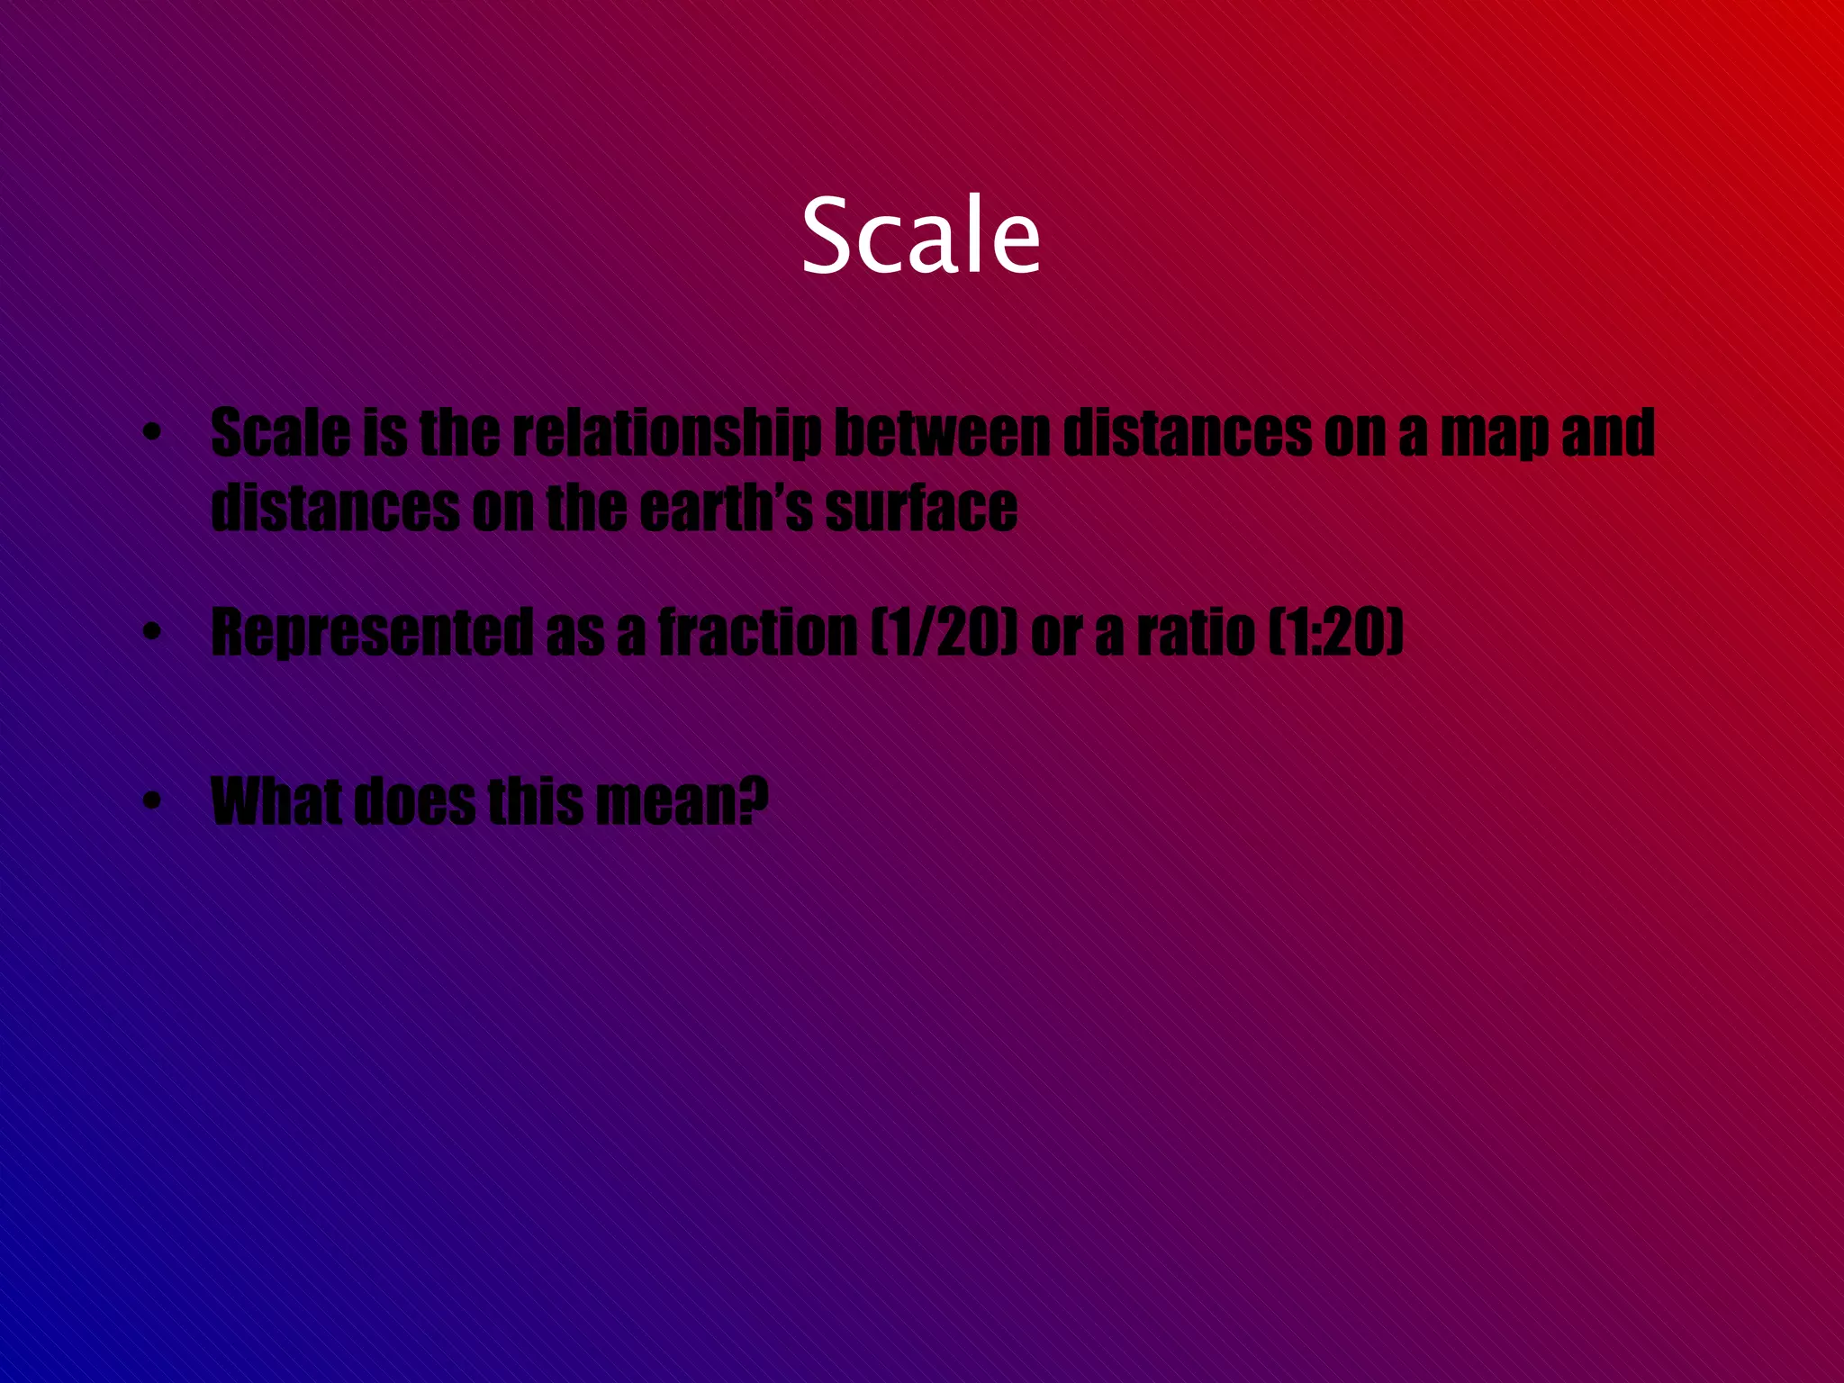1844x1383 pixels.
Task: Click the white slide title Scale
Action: (920, 236)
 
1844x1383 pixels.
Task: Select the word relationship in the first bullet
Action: (667, 433)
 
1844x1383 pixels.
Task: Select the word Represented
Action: (371, 633)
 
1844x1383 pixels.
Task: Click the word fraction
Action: (757, 632)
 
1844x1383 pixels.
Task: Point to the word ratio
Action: (1196, 632)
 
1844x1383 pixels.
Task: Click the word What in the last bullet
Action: (276, 800)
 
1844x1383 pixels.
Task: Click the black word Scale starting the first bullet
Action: (280, 433)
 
